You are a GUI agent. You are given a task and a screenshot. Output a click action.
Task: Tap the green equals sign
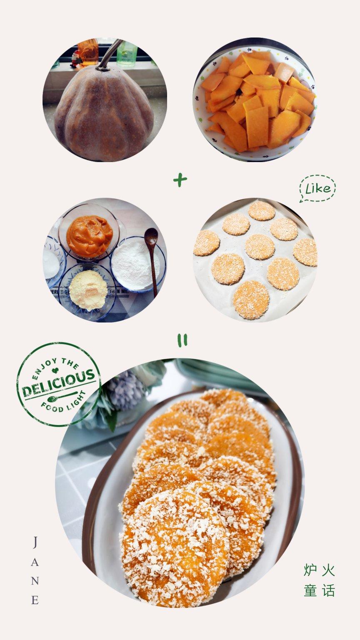(x=182, y=340)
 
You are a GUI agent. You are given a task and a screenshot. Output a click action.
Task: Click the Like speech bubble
(x=317, y=189)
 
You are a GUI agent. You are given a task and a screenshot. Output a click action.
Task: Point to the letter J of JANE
(x=35, y=542)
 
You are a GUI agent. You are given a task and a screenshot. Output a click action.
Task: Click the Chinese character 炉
(x=310, y=570)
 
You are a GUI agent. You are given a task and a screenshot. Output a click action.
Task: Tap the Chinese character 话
(x=329, y=590)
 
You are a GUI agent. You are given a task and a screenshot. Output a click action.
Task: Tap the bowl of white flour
(x=137, y=264)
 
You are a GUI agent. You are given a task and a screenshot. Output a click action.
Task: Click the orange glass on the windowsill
(x=88, y=52)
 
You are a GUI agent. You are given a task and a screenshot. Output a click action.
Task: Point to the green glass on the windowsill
(x=127, y=54)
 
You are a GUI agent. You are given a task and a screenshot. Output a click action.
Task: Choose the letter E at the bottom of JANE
(x=35, y=600)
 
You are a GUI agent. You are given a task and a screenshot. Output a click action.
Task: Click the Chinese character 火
(x=329, y=570)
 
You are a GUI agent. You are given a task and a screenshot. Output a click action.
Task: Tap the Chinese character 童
(x=310, y=590)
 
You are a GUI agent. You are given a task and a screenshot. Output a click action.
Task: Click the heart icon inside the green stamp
(x=55, y=370)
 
